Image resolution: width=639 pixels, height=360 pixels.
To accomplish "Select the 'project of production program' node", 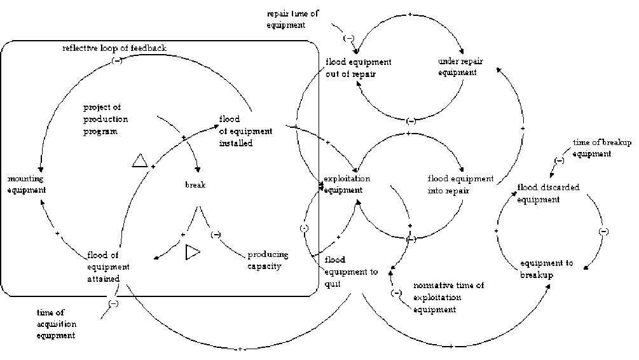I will click(x=106, y=119).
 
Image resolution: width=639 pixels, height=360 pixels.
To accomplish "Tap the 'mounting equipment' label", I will click(x=26, y=184).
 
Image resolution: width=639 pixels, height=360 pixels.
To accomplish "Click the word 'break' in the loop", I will click(x=195, y=185).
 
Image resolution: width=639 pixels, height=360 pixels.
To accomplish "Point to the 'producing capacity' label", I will click(x=268, y=260).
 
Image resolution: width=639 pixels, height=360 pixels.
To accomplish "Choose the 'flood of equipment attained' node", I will click(x=108, y=267).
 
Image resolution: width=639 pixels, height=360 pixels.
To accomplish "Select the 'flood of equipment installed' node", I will click(x=245, y=131).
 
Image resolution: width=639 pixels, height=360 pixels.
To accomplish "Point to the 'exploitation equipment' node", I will click(x=347, y=184).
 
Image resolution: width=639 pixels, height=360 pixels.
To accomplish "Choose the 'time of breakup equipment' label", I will click(x=601, y=149).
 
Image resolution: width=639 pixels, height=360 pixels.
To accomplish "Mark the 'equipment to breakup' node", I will click(x=547, y=269).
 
